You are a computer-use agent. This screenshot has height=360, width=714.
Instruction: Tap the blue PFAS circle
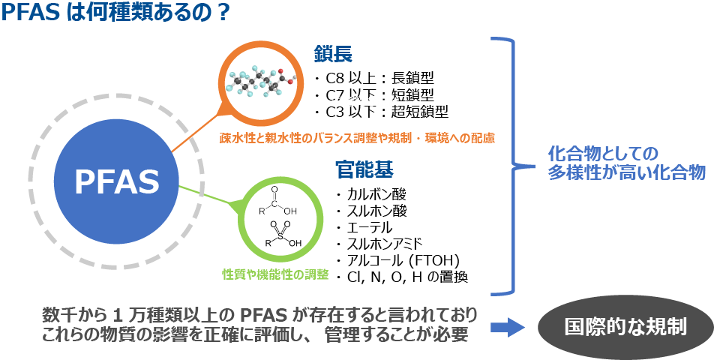pyautogui.click(x=116, y=181)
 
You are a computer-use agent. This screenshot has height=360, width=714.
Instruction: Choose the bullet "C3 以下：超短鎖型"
pyautogui.click(x=382, y=112)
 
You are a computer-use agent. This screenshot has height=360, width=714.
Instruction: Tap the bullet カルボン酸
pyautogui.click(x=371, y=194)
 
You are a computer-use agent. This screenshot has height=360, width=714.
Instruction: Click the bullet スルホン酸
pyautogui.click(x=371, y=211)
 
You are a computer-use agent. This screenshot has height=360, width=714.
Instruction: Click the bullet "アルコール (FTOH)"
pyautogui.click(x=397, y=260)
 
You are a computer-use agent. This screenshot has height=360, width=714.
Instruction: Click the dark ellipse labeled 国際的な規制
pyautogui.click(x=625, y=328)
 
